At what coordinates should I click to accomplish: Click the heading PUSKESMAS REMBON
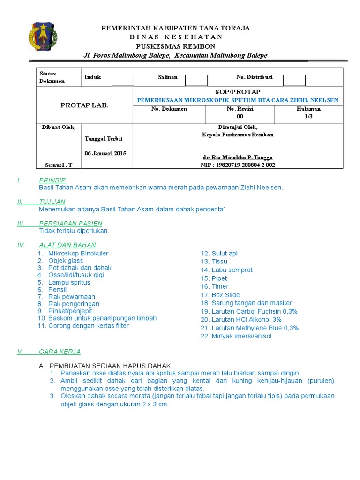click(x=175, y=46)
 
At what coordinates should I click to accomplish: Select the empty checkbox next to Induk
click(x=123, y=81)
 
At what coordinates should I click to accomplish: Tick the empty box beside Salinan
click(x=196, y=81)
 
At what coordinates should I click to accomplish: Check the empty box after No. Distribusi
click(x=294, y=81)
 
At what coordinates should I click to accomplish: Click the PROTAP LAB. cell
click(x=84, y=105)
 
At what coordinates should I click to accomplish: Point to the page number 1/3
click(x=308, y=116)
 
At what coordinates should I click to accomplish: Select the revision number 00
click(x=240, y=116)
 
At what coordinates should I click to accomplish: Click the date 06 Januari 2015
click(x=105, y=153)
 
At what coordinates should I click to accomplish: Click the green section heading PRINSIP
click(x=52, y=180)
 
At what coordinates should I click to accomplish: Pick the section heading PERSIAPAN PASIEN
click(x=70, y=223)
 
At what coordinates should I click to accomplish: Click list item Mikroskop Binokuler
click(x=78, y=253)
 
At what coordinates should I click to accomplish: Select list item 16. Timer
click(x=215, y=286)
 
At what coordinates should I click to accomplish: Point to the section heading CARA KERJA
click(x=60, y=351)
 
